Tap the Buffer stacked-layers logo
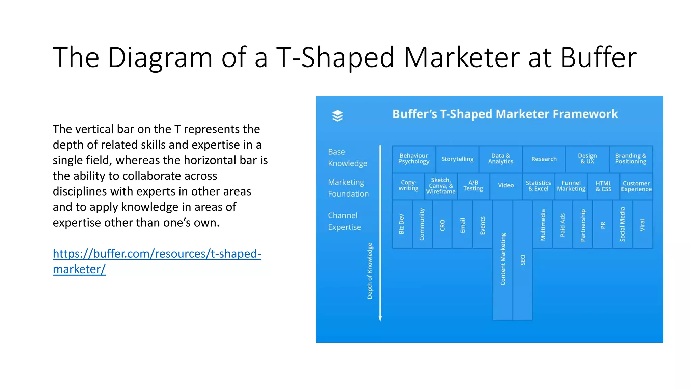point(337,116)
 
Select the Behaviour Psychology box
point(414,159)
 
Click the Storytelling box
point(457,159)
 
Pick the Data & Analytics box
point(500,159)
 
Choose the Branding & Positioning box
point(631,159)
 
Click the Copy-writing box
point(408,186)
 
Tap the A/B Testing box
point(473,186)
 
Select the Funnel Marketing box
point(571,186)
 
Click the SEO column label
point(523,260)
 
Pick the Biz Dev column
point(402,224)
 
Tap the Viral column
point(642,224)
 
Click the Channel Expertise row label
point(344,221)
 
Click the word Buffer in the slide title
point(598,57)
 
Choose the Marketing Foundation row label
point(348,188)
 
